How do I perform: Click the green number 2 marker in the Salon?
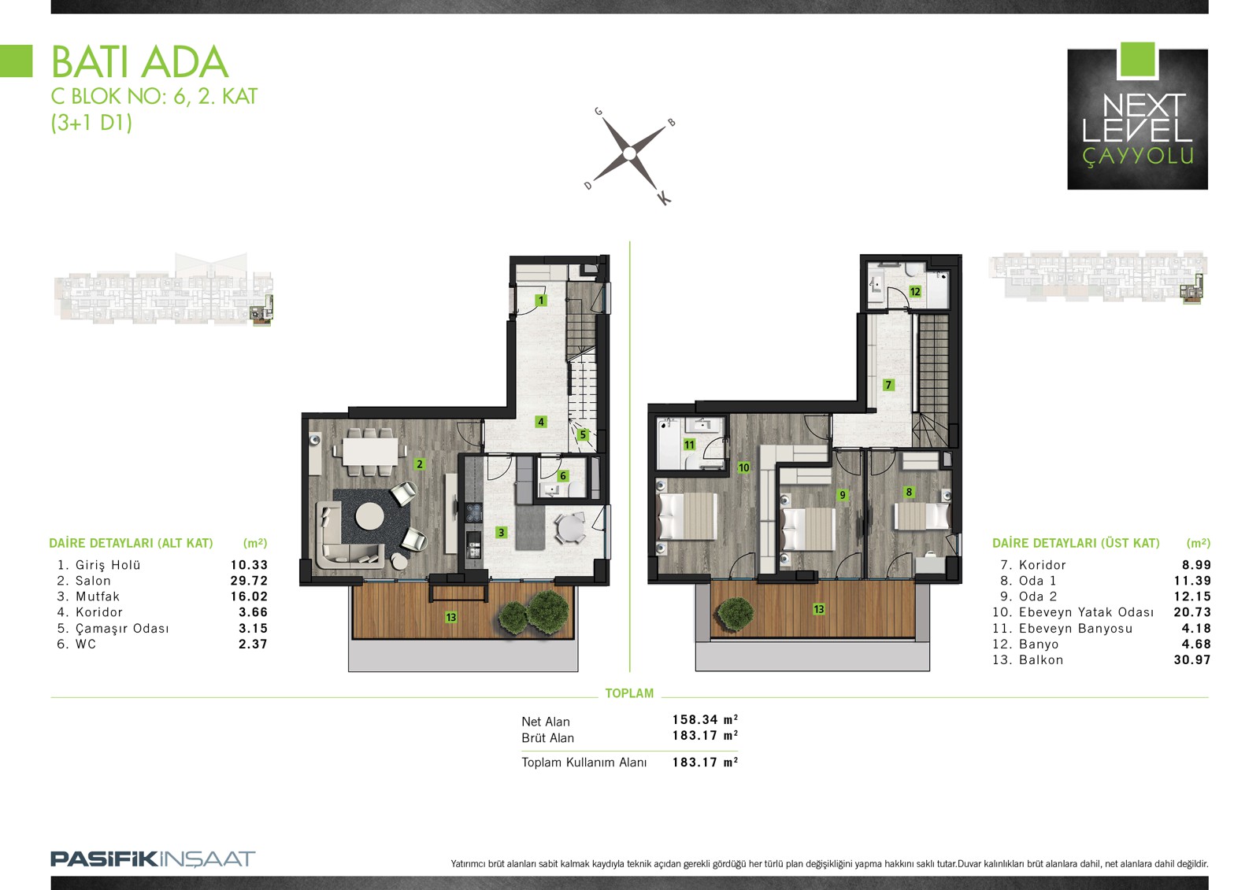tap(419, 464)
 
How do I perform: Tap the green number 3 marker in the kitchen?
tap(501, 532)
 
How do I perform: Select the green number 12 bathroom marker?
tap(915, 291)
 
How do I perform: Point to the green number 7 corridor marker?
tap(888, 385)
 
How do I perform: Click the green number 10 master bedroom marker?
tap(743, 467)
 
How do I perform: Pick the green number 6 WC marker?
tap(562, 475)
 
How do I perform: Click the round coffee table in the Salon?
tap(369, 515)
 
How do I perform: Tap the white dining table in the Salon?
tap(369, 450)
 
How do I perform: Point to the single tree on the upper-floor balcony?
tap(736, 613)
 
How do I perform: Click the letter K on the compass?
tap(664, 198)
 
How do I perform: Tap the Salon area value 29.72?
tap(249, 580)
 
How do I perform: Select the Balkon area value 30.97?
tap(1192, 659)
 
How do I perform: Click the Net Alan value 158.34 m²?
tap(705, 720)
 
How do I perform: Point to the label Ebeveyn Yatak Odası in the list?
tap(1086, 612)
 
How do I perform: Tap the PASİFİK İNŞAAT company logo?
tap(153, 859)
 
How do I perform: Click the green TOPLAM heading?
tap(629, 693)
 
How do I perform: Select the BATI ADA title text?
tap(139, 62)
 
